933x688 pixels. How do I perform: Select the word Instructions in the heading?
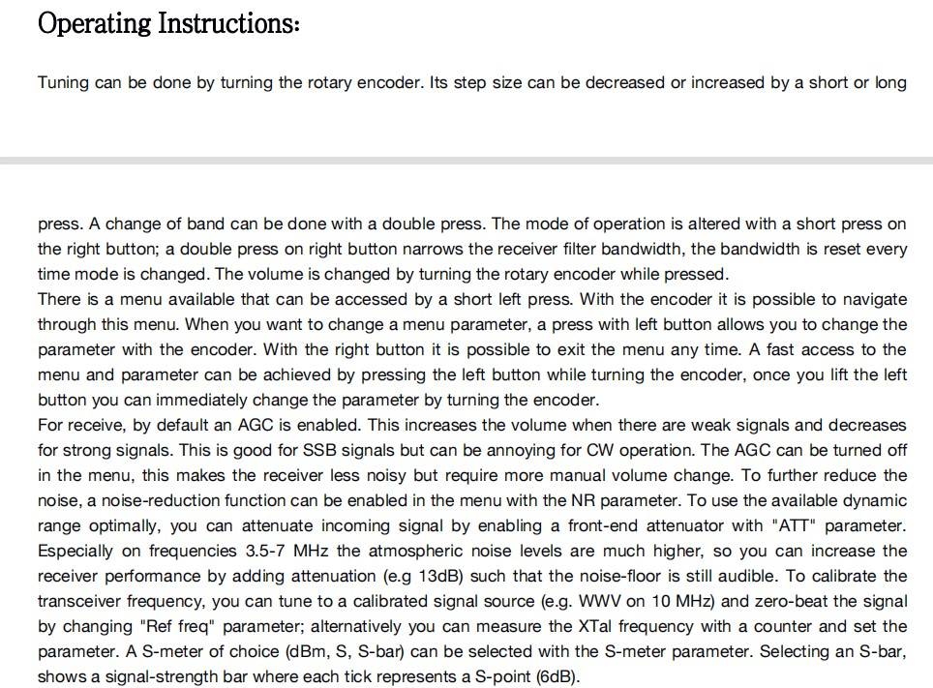229,22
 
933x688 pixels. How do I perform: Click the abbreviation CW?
599,450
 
